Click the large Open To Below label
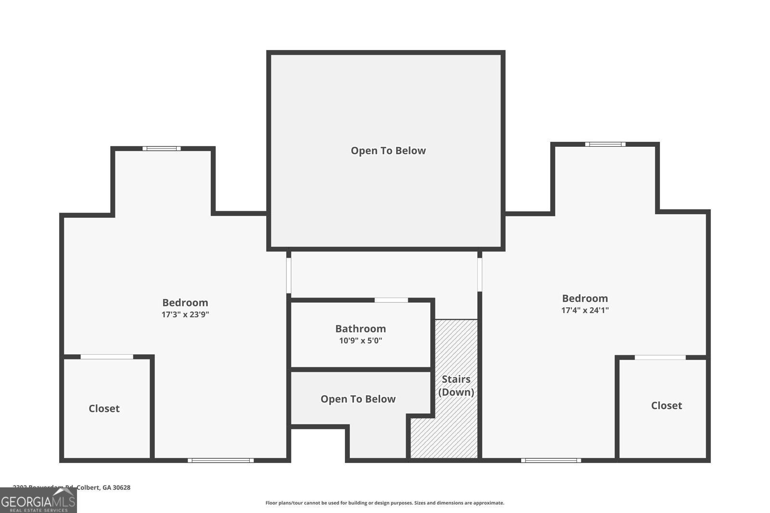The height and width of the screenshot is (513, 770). point(388,150)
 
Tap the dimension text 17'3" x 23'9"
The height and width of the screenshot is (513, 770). point(185,315)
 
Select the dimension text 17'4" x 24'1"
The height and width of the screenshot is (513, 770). point(585,311)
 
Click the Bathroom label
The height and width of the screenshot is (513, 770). point(360,329)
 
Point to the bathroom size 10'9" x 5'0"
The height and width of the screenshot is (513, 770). point(360,341)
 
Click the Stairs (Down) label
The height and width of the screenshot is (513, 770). point(456,386)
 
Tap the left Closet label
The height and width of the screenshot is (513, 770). point(104,409)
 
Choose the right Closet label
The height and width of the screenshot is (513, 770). point(667,406)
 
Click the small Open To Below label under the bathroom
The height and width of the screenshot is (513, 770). point(358,399)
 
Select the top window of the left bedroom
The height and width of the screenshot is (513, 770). point(162,149)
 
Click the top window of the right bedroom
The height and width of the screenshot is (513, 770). point(605,144)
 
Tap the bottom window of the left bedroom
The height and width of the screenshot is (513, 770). point(220,461)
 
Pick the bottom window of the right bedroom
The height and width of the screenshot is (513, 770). point(551,461)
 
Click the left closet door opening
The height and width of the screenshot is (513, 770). point(107,357)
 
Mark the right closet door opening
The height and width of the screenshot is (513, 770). point(660,357)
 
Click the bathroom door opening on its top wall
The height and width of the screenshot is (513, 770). point(391,300)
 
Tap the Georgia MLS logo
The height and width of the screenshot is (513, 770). point(38,500)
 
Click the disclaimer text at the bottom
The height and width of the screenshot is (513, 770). point(385,503)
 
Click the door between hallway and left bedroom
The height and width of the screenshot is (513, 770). point(289,275)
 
